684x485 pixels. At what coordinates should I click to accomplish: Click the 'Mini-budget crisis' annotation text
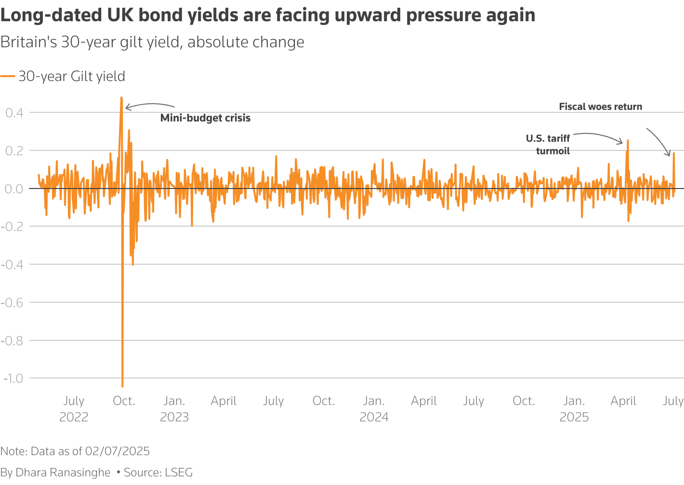point(205,118)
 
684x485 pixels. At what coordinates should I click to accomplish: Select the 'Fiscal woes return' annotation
point(600,107)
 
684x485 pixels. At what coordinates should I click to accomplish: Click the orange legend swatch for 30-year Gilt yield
point(8,76)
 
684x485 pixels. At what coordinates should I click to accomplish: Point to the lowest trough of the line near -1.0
point(122,386)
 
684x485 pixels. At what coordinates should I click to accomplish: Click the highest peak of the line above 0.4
point(121,98)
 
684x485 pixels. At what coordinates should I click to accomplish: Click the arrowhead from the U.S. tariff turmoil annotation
point(621,143)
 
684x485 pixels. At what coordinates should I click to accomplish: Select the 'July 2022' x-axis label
point(74,408)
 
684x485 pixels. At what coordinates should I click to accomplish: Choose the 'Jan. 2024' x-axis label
point(374,408)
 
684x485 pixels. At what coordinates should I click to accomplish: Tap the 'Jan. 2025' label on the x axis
point(574,408)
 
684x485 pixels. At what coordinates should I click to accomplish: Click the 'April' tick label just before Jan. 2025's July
point(623,401)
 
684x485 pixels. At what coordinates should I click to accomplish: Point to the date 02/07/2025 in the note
point(117,451)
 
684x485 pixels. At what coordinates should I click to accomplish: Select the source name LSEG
point(179,472)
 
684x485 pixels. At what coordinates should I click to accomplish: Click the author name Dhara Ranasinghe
point(63,472)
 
